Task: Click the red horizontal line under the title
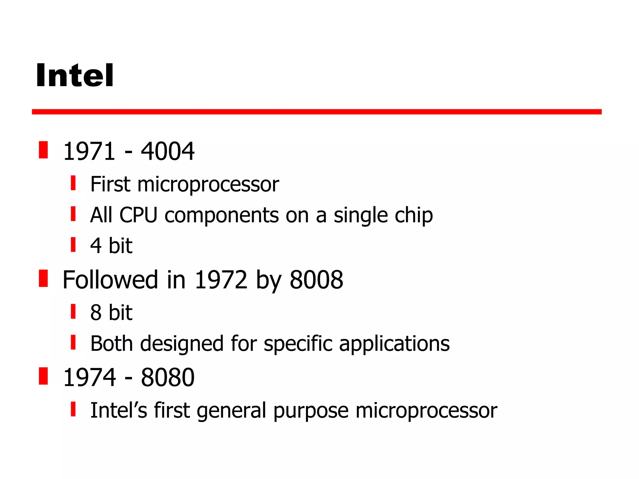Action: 316,112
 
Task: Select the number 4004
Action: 168,151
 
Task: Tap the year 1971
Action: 89,151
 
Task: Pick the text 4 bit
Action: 111,245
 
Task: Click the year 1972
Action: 221,280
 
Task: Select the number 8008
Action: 316,280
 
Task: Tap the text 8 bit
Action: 111,312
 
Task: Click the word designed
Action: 182,344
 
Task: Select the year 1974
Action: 89,377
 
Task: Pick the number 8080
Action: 168,377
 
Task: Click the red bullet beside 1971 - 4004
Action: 43,150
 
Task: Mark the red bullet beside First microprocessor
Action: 73,183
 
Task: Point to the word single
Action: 360,215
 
